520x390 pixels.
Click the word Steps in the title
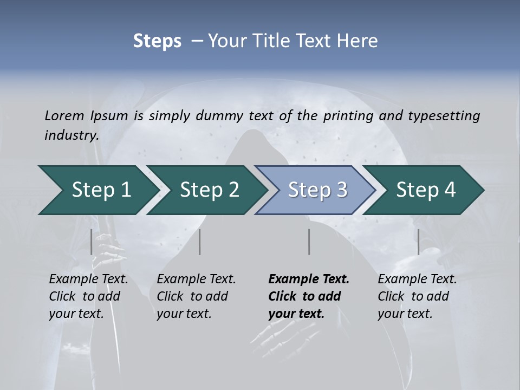click(x=157, y=41)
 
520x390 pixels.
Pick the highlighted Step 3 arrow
click(x=317, y=190)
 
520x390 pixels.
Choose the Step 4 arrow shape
click(x=426, y=190)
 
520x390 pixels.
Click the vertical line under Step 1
click(x=92, y=242)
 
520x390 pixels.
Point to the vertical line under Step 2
click(x=200, y=242)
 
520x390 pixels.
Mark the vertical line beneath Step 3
click(x=309, y=242)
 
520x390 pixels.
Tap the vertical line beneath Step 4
click(x=418, y=242)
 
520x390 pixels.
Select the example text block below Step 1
click(x=88, y=296)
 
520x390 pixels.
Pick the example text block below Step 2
click(x=196, y=296)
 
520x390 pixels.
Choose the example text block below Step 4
click(x=417, y=296)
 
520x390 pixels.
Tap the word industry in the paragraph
click(x=71, y=135)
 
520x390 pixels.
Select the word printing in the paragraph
click(x=348, y=115)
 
